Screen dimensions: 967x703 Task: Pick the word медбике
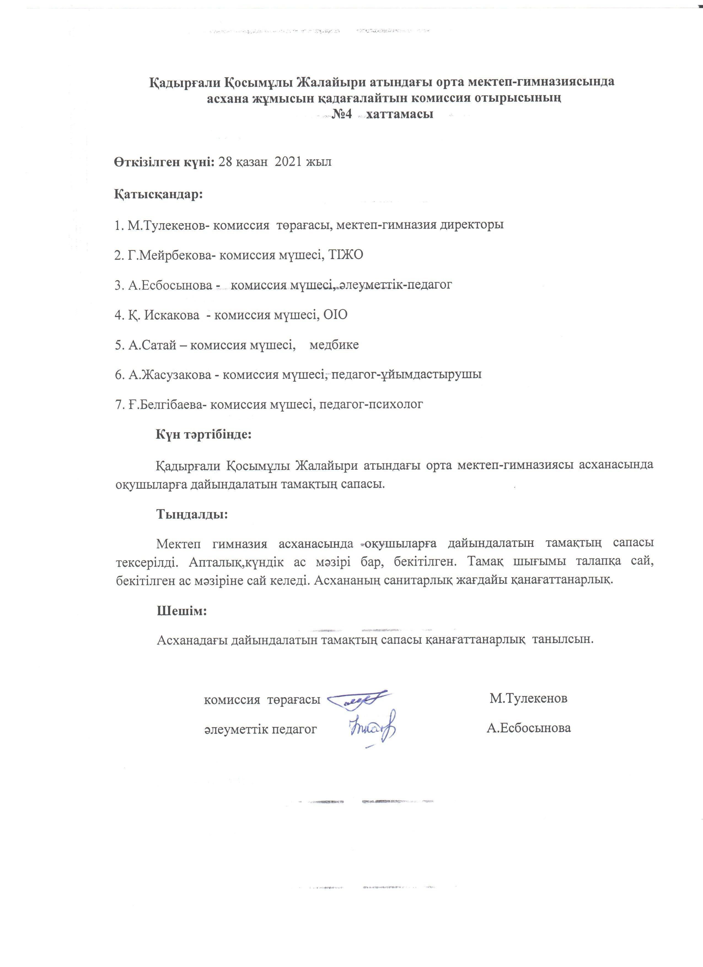pyautogui.click(x=334, y=345)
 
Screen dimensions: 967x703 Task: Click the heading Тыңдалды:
pyautogui.click(x=193, y=514)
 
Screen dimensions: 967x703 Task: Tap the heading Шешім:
pyautogui.click(x=182, y=611)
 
